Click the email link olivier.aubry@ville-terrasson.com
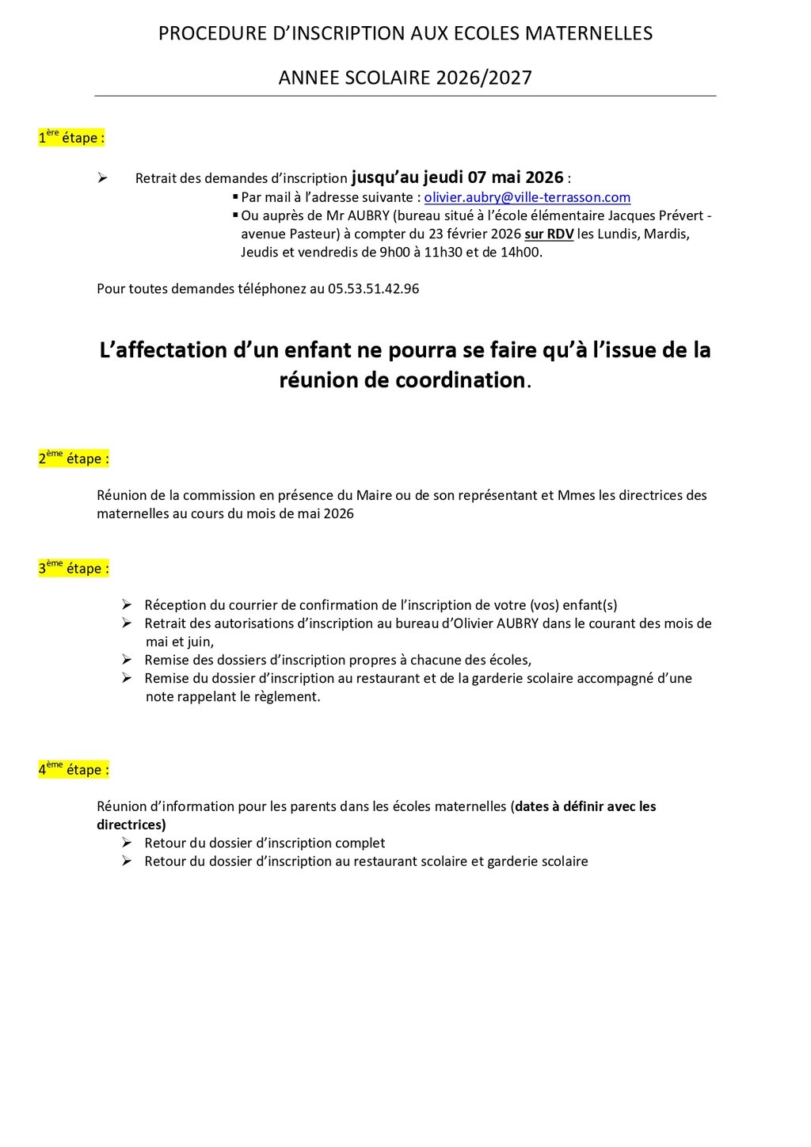(527, 197)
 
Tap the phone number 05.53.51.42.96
(373, 289)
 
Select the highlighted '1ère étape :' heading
(71, 138)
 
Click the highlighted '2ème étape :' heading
(74, 459)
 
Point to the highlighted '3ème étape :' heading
(74, 569)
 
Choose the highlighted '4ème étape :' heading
(74, 770)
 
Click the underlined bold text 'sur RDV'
(549, 234)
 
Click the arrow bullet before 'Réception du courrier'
(127, 605)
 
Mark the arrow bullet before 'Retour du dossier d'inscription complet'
(127, 843)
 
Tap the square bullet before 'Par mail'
(235, 196)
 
